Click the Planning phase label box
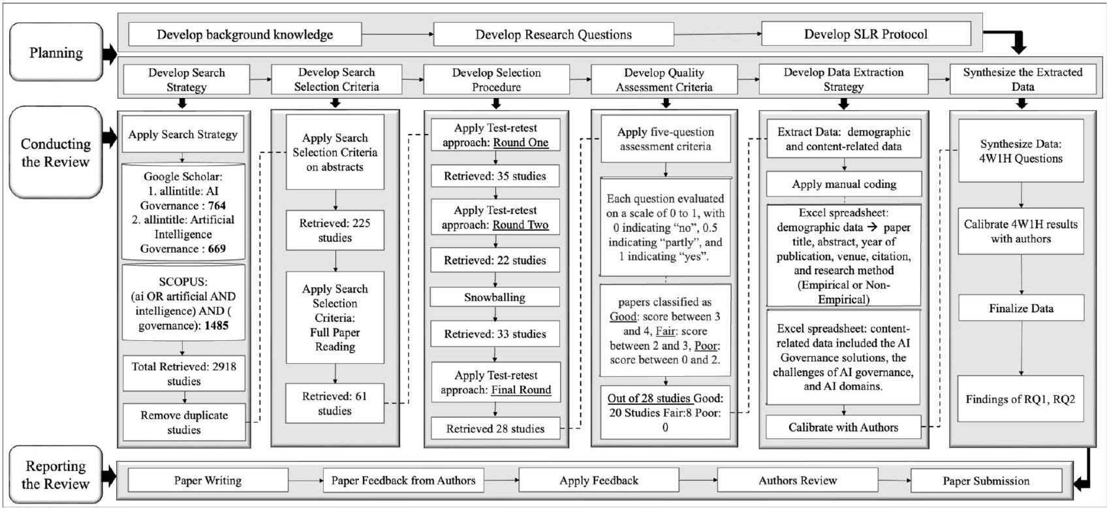pos(56,52)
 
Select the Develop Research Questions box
pos(553,35)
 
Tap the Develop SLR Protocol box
pos(866,34)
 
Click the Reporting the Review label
pos(56,475)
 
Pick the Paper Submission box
pos(986,481)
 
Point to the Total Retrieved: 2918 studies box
pos(183,373)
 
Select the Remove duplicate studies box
pos(183,422)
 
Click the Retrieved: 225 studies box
pos(335,230)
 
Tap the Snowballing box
pos(495,297)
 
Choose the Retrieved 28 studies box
pos(495,429)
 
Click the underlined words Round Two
pos(520,225)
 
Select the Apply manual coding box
pos(843,184)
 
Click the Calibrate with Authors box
pos(843,428)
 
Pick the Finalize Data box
pos(1021,308)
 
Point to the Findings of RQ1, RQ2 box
pos(1020,399)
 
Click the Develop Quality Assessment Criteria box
pos(664,80)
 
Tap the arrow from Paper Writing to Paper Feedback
pos(305,481)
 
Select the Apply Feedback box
pos(599,481)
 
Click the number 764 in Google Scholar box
pos(217,206)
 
